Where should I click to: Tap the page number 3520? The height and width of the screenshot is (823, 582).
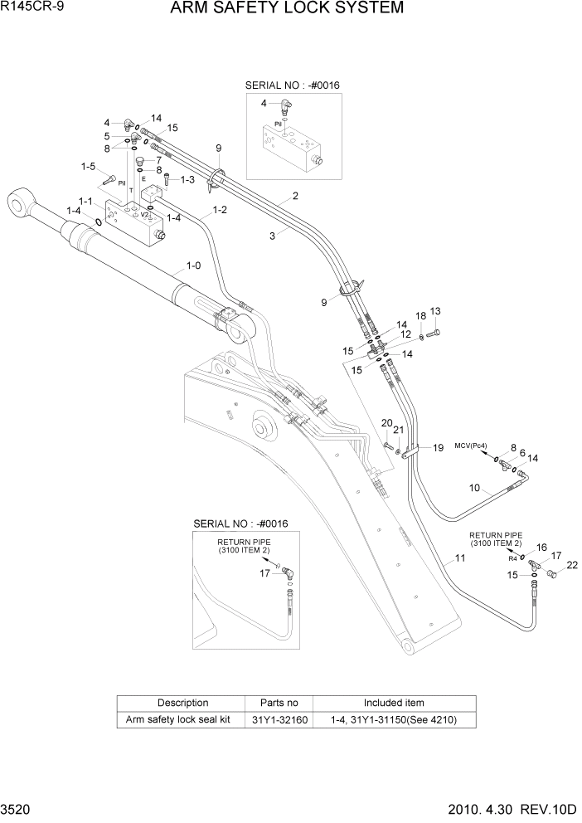pyautogui.click(x=17, y=810)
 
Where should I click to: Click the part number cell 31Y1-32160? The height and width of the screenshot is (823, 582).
pyautogui.click(x=279, y=719)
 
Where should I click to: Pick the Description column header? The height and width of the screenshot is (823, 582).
pyautogui.click(x=182, y=703)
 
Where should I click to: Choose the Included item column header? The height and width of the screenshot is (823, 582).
pyautogui.click(x=394, y=703)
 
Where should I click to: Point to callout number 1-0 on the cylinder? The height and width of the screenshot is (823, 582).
pyautogui.click(x=193, y=267)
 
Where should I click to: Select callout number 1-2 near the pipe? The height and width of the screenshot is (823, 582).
pyautogui.click(x=220, y=211)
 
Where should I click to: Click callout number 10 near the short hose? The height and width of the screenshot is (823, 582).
pyautogui.click(x=475, y=488)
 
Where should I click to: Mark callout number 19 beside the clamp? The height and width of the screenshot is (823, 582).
pyautogui.click(x=438, y=448)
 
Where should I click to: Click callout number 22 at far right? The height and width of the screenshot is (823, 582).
pyautogui.click(x=571, y=565)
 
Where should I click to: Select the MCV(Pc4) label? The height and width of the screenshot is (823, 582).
pyautogui.click(x=471, y=446)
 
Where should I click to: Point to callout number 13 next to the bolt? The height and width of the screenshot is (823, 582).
pyautogui.click(x=435, y=311)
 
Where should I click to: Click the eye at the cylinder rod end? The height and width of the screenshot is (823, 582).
pyautogui.click(x=19, y=202)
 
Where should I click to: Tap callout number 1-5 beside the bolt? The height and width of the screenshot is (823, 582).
pyautogui.click(x=89, y=166)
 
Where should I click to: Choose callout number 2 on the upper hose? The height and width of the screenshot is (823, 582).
pyautogui.click(x=294, y=197)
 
